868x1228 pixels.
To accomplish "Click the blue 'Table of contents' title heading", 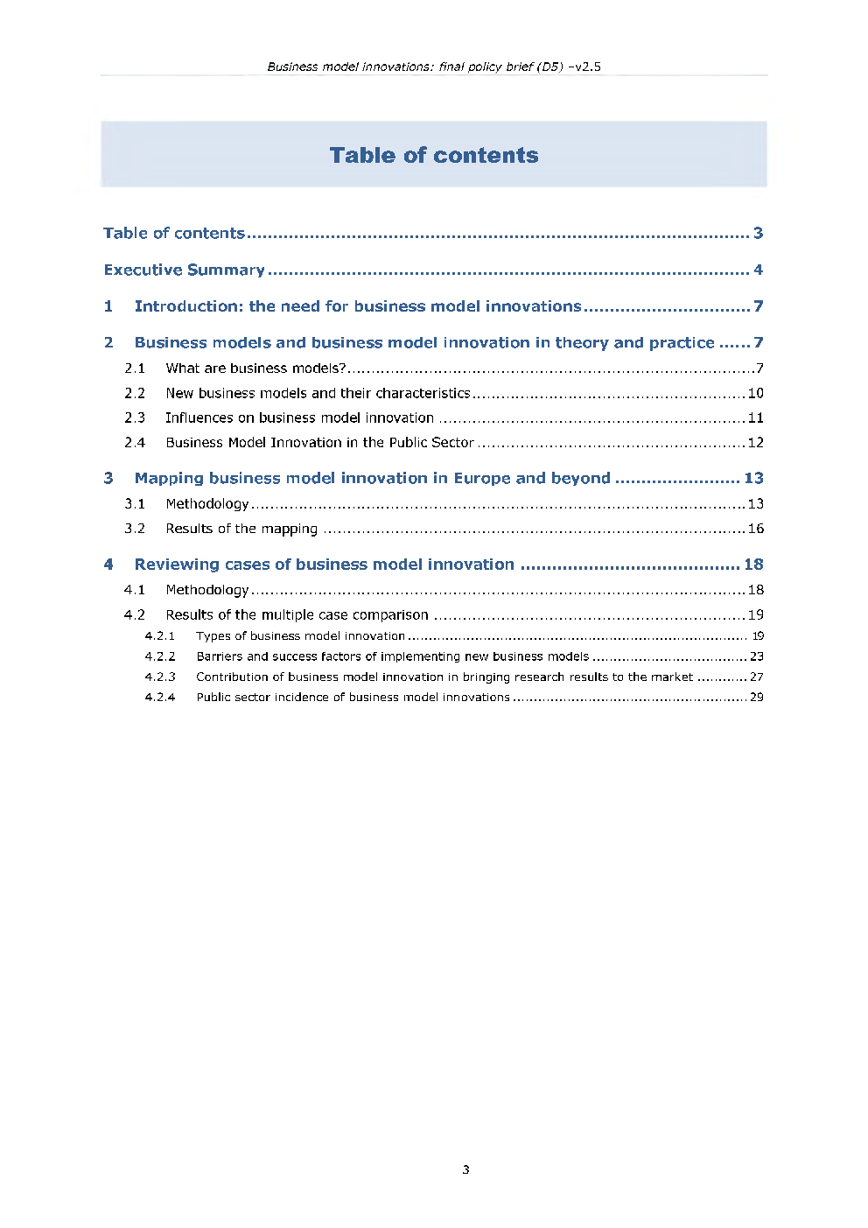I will point(434,155).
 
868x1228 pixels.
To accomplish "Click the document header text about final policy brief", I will point(434,67).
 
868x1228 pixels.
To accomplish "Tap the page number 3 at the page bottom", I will point(465,1169).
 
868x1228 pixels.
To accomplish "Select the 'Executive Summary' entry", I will point(184,270).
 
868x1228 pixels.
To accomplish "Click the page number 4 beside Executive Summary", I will point(758,270).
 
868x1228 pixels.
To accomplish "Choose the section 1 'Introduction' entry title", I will point(357,306).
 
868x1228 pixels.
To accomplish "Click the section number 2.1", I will point(135,368).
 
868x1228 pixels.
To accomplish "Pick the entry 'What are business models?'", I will point(255,368).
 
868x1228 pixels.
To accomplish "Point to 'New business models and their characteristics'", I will point(318,393).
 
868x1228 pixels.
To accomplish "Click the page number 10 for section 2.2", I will point(755,393).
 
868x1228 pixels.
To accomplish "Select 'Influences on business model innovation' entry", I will point(299,418).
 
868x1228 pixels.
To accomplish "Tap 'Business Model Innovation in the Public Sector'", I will point(319,442).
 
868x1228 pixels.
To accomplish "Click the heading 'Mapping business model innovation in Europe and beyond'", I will point(372,478).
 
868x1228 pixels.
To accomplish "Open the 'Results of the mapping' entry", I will point(241,529).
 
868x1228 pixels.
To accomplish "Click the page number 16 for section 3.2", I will point(755,529).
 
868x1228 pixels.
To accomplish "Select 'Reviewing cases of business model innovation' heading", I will point(324,565).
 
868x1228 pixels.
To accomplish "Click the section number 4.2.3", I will point(160,677).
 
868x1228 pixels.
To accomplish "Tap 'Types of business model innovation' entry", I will point(300,636).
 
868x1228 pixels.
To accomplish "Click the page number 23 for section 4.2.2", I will point(756,656).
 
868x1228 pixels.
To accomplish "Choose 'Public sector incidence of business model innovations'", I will point(353,698).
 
